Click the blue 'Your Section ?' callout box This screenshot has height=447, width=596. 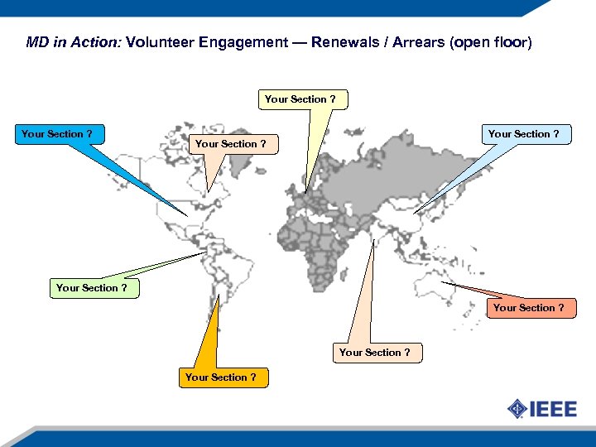[56, 134]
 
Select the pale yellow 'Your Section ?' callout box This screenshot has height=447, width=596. [300, 99]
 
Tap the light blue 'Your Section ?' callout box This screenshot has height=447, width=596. [523, 134]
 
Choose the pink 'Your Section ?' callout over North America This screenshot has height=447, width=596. [230, 144]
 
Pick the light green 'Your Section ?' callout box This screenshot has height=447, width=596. [91, 288]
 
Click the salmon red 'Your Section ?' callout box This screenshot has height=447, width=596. [528, 308]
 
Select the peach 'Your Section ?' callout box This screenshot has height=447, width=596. [374, 353]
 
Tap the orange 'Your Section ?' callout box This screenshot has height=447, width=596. [220, 377]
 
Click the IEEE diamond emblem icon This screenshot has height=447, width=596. [517, 409]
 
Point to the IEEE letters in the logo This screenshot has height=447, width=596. [553, 409]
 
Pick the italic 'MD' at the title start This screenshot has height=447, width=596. [37, 42]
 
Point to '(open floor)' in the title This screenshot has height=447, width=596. [491, 42]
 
